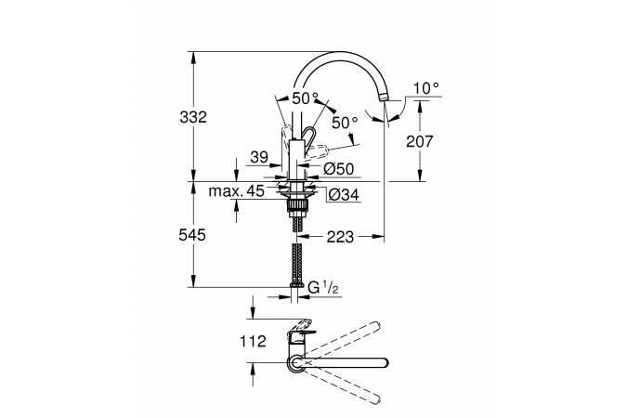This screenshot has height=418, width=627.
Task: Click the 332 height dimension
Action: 193,117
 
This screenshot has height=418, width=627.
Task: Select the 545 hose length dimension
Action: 192,235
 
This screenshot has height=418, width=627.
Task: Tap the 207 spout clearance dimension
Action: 420,141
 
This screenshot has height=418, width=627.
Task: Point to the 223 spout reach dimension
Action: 340,237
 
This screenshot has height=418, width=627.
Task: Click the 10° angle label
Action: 426,88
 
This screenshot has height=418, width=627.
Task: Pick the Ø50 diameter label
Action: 339,169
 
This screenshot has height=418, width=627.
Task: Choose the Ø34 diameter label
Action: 344,195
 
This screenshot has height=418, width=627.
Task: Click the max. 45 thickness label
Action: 236,190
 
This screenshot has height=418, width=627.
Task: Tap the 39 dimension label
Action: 259,157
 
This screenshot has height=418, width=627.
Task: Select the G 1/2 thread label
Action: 324,288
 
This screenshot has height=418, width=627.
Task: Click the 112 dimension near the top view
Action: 253,341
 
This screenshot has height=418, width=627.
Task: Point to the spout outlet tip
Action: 384,98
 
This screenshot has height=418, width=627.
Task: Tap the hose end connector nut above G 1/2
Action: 296,285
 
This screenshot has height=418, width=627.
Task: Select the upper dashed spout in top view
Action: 339,339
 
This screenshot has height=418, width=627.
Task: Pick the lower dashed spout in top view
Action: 339,386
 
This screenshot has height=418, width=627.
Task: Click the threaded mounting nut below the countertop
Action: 297,207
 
